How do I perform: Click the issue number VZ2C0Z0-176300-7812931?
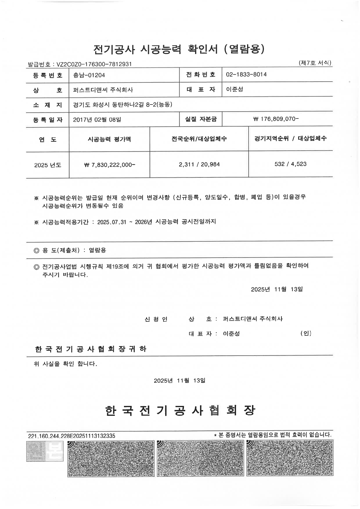pos(94,64)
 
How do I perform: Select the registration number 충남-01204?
pos(89,75)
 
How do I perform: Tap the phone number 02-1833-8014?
pos(246,75)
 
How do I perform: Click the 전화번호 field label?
pos(201,75)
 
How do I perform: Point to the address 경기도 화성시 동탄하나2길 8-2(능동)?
pos(123,104)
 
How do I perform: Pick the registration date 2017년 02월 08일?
pos(97,119)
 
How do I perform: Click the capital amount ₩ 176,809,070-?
pos(276,119)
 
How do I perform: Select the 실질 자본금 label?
pos(201,119)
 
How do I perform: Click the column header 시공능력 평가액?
pos(109,139)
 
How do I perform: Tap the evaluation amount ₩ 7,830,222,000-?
pos(109,165)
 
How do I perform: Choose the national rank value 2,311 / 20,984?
pos(199,165)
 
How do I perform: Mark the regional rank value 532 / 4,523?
pos(290,164)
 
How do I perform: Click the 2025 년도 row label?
pos(48,165)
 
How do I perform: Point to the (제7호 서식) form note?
pos(315,63)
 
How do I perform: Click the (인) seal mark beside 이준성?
pos(306,333)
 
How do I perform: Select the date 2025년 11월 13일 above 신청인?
pos(277,289)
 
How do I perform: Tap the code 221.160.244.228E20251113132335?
pos(71,436)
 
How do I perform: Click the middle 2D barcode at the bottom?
pos(200,458)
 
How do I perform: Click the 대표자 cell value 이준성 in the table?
pos(234,89)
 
